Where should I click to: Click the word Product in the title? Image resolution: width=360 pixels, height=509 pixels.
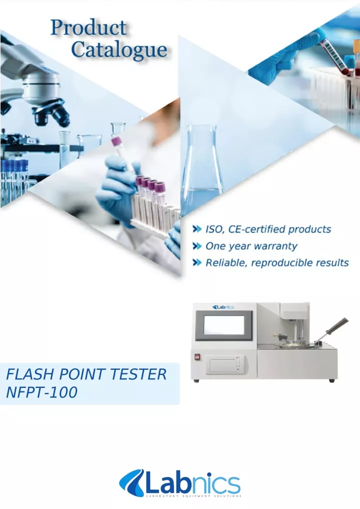pyautogui.click(x=89, y=28)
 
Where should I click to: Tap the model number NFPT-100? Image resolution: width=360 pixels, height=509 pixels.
pyautogui.click(x=42, y=392)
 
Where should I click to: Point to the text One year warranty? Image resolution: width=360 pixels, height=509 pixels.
pyautogui.click(x=251, y=246)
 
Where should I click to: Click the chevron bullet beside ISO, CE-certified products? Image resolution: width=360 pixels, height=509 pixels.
pyautogui.click(x=197, y=229)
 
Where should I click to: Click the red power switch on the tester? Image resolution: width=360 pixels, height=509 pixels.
pyautogui.click(x=196, y=357)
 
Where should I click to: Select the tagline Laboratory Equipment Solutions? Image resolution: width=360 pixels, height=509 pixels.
pyautogui.click(x=193, y=496)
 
